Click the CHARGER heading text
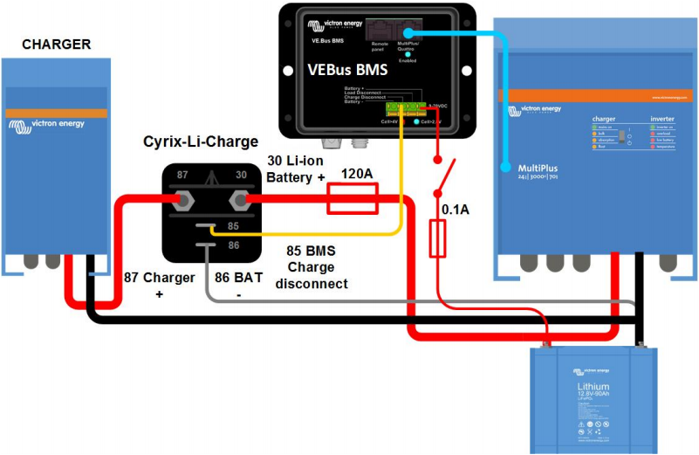pos(56,44)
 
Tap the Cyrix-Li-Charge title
pos(201,141)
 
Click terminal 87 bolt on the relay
pos(185,201)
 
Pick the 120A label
pos(356,175)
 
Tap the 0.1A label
pos(456,210)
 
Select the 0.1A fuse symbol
pos(438,238)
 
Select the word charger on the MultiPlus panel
pos(605,117)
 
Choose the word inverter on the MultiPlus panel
pos(662,117)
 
